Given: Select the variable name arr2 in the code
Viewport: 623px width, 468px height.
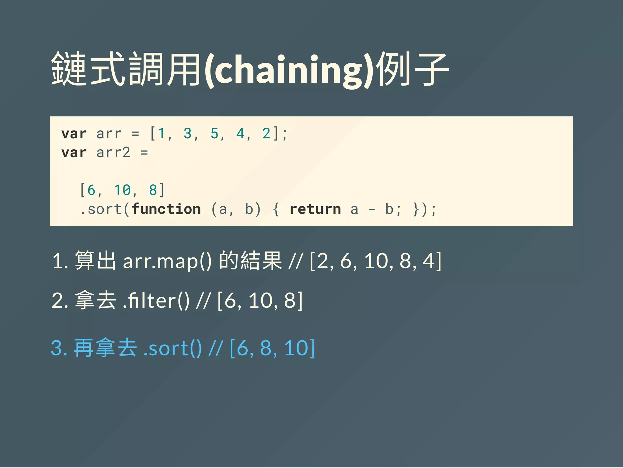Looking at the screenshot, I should (x=113, y=153).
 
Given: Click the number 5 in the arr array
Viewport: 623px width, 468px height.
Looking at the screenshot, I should (x=214, y=134).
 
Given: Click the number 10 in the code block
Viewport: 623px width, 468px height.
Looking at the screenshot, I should (x=122, y=190).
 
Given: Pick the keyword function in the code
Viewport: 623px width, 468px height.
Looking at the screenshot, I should (x=166, y=209).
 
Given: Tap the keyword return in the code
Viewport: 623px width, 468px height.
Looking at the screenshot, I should (x=315, y=209).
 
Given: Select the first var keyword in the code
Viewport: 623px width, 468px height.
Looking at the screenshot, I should (x=74, y=134).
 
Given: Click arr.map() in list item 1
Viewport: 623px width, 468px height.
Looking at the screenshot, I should (x=167, y=261).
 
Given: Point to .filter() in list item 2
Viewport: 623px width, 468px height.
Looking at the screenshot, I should (x=156, y=301).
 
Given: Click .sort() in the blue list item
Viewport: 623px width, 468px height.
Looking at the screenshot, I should (x=172, y=348).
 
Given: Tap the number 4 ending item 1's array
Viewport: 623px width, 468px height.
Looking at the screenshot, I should (x=429, y=261).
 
